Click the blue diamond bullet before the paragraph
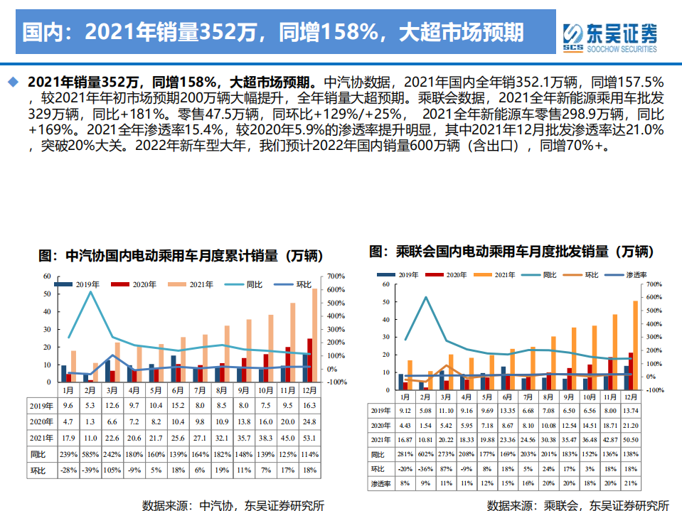click(x=12, y=82)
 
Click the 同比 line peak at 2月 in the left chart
click(x=90, y=291)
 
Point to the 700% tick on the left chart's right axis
click(x=336, y=276)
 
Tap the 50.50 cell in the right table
click(x=630, y=439)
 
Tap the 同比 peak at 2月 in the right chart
click(x=425, y=298)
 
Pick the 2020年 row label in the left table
click(x=41, y=422)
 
